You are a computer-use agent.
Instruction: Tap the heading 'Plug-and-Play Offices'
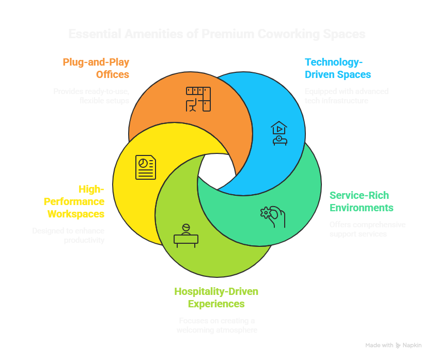tap(96, 68)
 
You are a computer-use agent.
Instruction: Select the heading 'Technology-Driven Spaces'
tap(337, 68)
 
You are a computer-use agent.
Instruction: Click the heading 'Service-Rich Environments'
tap(361, 201)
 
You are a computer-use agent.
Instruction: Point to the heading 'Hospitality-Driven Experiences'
tap(216, 298)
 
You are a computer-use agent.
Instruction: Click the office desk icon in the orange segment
tap(198, 99)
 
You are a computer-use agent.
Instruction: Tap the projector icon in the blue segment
tap(278, 133)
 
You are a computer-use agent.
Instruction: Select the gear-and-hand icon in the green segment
tap(273, 216)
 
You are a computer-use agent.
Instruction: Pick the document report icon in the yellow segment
tap(146, 167)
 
